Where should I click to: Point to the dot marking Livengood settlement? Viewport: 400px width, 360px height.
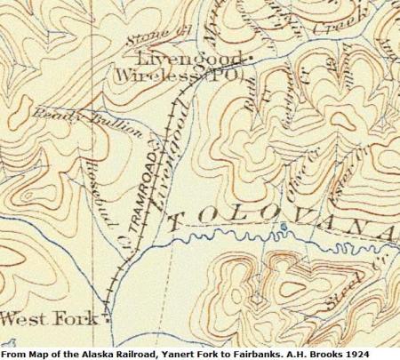pyautogui.click(x=250, y=60)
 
